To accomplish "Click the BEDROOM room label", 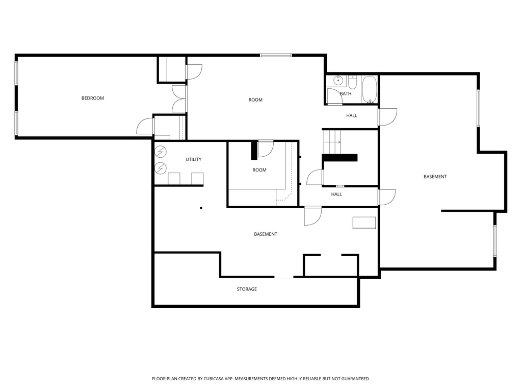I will point(93,98).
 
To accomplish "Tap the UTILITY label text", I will point(193,159).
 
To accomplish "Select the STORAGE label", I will point(247,289).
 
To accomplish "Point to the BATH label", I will point(346,93).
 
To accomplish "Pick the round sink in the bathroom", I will point(338,80).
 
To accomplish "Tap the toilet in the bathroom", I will point(352,82).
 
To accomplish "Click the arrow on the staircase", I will point(338,142).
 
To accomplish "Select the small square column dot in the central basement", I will point(201,208).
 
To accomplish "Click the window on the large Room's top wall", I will point(276,55).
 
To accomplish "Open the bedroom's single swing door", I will point(145,126).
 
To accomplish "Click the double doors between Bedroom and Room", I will point(179,99).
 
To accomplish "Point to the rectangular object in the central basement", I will point(364,223).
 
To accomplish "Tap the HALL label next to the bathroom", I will point(352,115).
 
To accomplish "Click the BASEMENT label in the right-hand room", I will point(435,177).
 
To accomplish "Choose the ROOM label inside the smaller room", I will point(259,170).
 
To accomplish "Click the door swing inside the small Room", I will point(266,149).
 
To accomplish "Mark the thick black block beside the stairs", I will point(340,158).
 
